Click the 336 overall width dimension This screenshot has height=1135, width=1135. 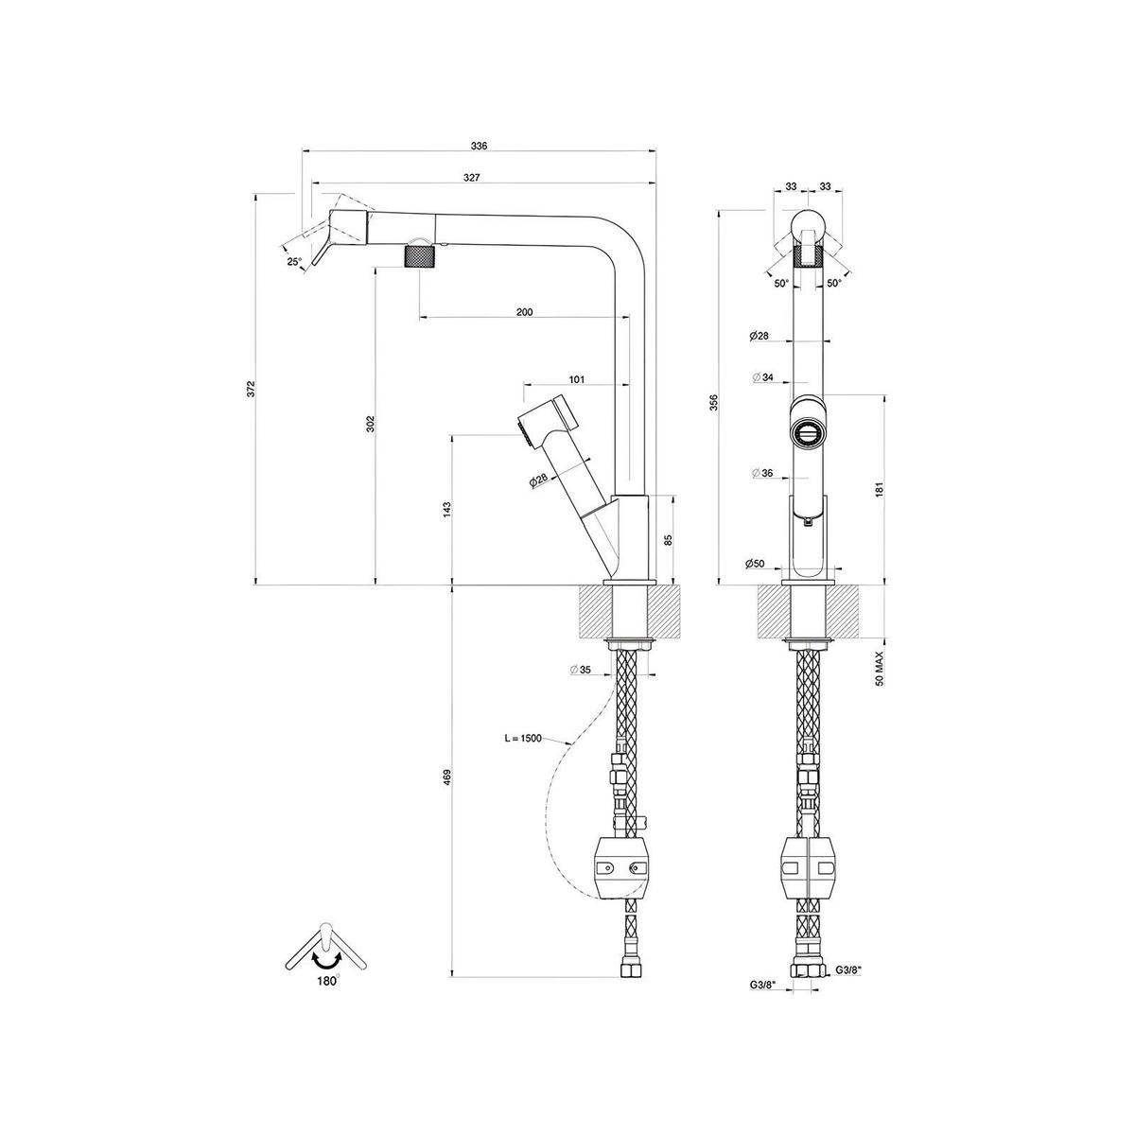tap(479, 146)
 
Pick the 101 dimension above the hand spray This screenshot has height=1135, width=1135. tap(577, 379)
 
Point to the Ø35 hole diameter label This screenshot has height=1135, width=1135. tap(581, 670)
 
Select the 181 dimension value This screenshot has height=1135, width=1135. tap(878, 489)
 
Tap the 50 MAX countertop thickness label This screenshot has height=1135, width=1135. tap(878, 668)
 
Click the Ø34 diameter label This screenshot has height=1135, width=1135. tap(762, 377)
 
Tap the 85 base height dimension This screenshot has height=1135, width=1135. tap(668, 540)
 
